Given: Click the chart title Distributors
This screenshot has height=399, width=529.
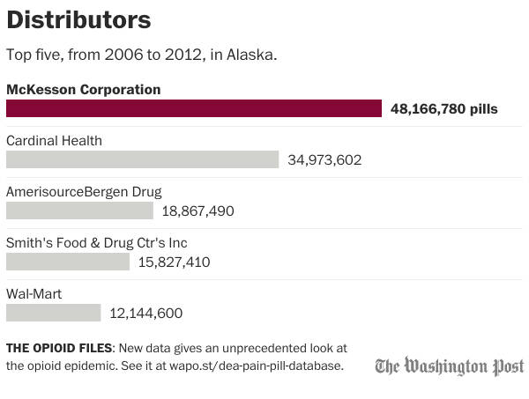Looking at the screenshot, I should tap(78, 20).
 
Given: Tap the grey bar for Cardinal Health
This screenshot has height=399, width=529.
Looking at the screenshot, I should tap(142, 159).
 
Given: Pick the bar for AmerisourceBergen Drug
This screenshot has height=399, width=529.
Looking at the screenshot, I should tap(79, 211).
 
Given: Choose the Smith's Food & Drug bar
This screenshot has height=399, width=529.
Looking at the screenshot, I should tap(67, 262).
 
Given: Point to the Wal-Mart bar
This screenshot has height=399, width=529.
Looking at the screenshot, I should tap(54, 313).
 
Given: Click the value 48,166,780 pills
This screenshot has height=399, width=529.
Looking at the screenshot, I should tap(444, 109).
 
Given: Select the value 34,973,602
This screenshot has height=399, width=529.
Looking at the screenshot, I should tap(324, 160).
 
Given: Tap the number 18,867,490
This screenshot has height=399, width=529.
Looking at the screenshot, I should tap(198, 211).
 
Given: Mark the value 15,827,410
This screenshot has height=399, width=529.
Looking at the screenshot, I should tap(174, 262).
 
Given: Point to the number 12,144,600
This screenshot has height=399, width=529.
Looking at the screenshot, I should tap(146, 314).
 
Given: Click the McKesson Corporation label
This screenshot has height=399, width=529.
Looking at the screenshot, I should tap(83, 89).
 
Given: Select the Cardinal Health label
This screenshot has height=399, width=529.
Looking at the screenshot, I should tap(54, 140).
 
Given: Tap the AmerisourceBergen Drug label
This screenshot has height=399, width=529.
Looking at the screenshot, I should tap(84, 191).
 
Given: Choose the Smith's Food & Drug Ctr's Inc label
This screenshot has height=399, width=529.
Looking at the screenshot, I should tap(96, 242).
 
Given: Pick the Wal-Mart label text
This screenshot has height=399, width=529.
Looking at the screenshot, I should tap(34, 293).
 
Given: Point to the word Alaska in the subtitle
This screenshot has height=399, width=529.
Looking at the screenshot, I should tap(252, 55).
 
